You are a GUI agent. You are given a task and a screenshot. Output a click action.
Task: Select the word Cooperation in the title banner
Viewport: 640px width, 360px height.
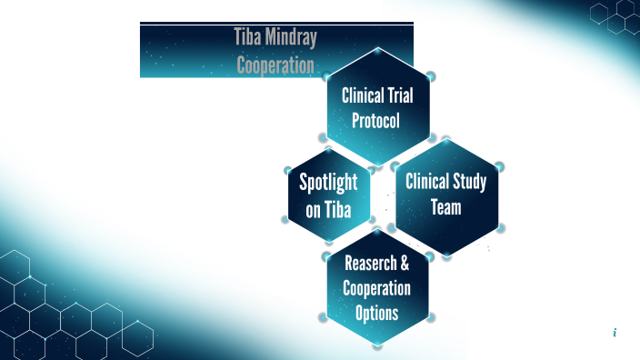[x=275, y=65]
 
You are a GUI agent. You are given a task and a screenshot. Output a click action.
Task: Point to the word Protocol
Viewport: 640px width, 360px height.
[x=375, y=119]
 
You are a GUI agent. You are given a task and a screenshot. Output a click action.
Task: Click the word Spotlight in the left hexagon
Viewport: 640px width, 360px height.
[x=328, y=182]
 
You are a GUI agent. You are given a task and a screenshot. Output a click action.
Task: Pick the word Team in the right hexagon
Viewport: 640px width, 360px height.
[x=446, y=207]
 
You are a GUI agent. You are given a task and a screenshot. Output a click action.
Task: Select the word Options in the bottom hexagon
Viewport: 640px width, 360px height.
[x=376, y=313]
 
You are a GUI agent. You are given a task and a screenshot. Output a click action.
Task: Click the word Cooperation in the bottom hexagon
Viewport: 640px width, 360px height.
[x=376, y=288]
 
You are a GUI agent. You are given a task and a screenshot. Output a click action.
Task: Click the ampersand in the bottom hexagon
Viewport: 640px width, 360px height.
[x=404, y=265]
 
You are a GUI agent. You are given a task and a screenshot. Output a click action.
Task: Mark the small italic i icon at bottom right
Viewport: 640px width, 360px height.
[x=615, y=334]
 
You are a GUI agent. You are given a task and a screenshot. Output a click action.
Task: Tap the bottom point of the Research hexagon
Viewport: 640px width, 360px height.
[x=377, y=345]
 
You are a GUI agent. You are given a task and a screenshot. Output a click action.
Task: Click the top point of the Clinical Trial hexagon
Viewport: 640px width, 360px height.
[x=377, y=47]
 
